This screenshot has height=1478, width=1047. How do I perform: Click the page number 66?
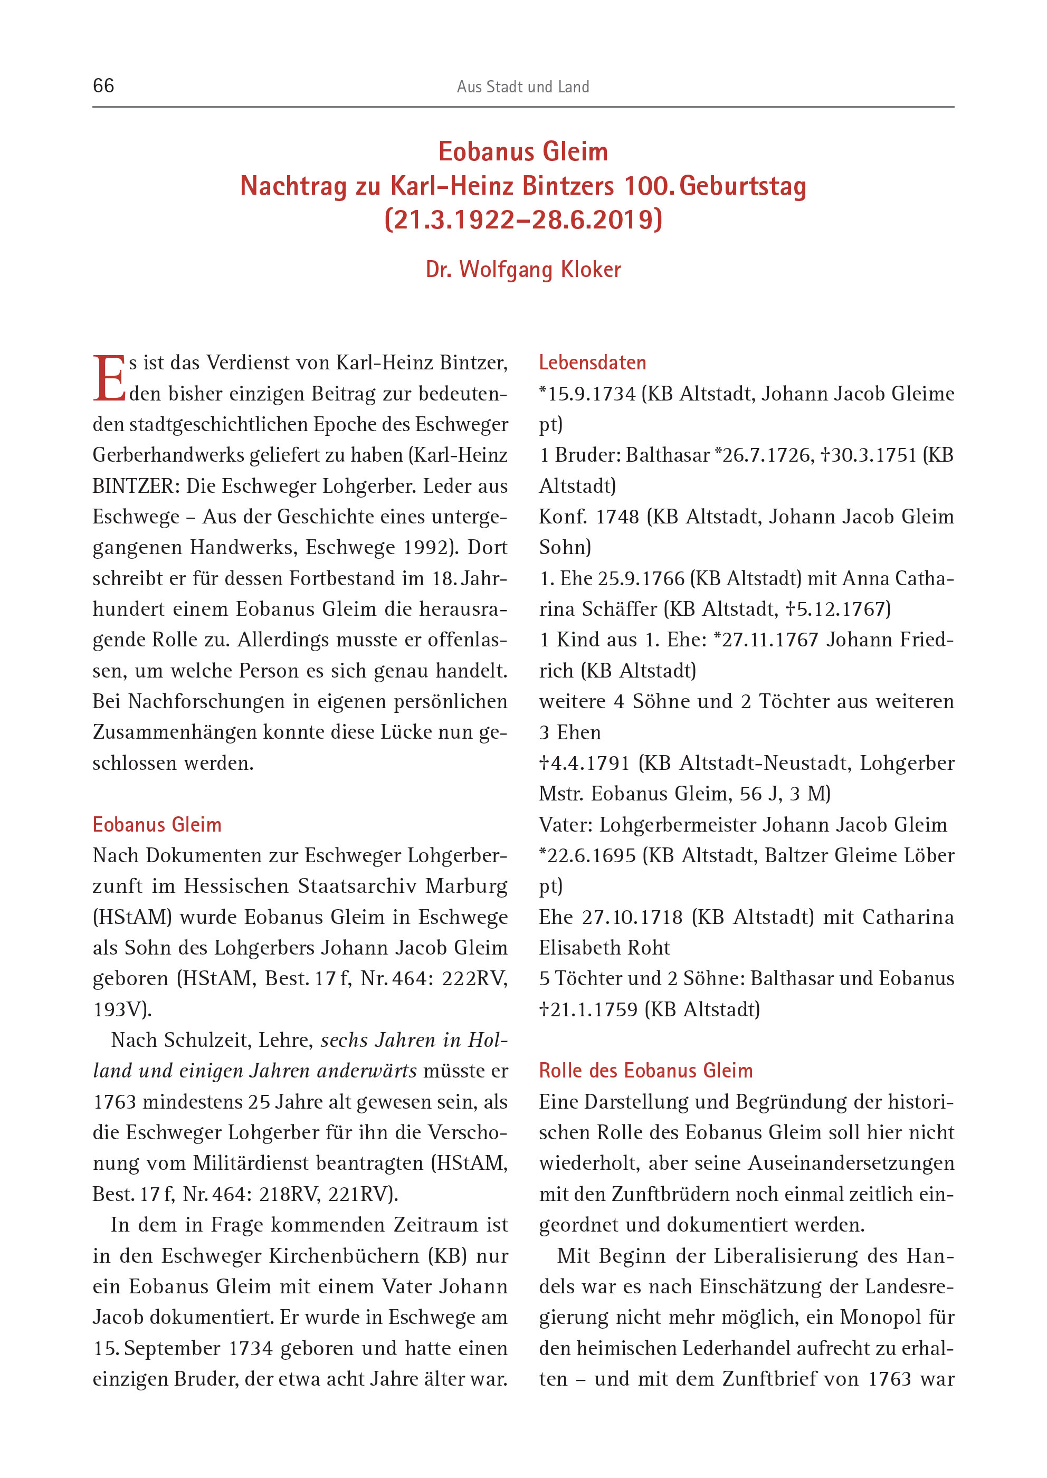coord(104,85)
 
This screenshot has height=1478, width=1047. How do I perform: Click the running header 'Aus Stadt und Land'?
coord(523,87)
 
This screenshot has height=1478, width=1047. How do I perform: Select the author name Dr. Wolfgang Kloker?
coord(523,270)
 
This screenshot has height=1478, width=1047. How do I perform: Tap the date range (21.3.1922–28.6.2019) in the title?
coord(523,220)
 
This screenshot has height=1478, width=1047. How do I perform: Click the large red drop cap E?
coord(109,379)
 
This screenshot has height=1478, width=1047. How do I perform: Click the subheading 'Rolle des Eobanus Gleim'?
coord(645,1071)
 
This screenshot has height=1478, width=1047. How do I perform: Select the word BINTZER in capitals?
coord(134,486)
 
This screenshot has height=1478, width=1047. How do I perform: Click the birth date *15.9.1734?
coord(587,394)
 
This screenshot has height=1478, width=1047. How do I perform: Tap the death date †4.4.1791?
coord(584,763)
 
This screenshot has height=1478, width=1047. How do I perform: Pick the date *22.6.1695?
coord(587,855)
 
